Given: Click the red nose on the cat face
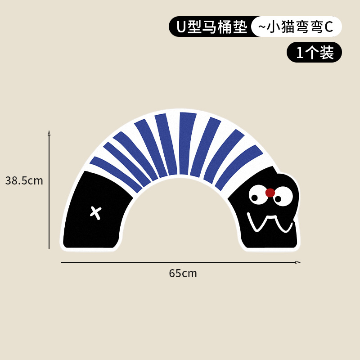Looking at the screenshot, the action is point(270,193).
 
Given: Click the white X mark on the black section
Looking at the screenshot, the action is point(95,211).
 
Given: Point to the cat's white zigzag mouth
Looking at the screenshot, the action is point(270,223).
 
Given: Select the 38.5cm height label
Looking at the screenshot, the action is point(24,181).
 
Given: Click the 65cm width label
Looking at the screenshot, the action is point(183,273).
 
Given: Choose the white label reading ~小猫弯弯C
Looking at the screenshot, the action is point(297,27).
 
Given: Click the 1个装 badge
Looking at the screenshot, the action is point(315,53).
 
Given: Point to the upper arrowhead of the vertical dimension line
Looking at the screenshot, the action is point(49,133).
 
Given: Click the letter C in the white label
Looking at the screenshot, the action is point(328,27).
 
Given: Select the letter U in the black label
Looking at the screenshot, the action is point(181,27).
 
